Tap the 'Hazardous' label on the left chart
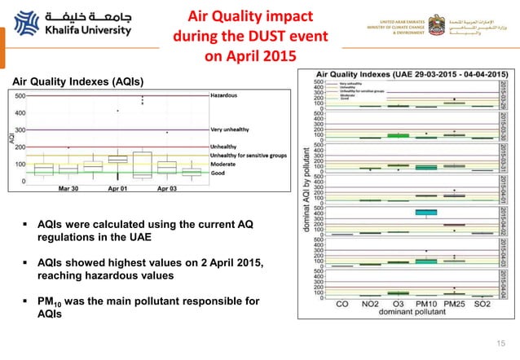[x=227, y=95]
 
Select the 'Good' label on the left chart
[x=218, y=173]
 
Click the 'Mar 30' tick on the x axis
[x=70, y=188]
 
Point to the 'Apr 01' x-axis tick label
[x=119, y=188]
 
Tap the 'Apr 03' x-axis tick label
[x=167, y=188]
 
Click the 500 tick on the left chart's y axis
[x=20, y=95]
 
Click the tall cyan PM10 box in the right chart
[x=425, y=213]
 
